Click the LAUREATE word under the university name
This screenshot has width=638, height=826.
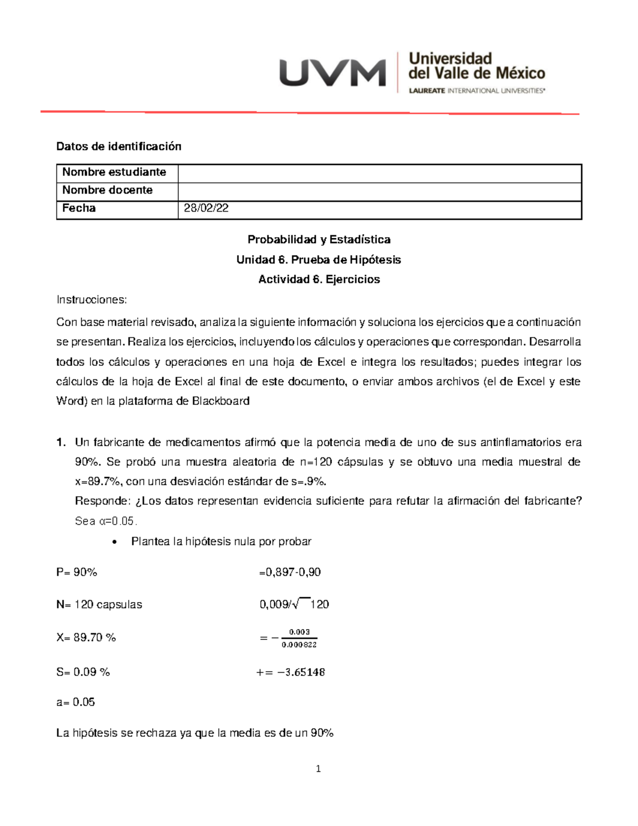pyautogui.click(x=427, y=91)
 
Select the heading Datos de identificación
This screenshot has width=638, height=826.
pyautogui.click(x=119, y=146)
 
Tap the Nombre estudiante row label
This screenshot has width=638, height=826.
pyautogui.click(x=114, y=172)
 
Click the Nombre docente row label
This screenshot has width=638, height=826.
pyautogui.click(x=107, y=190)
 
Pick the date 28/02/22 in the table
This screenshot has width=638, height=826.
pyautogui.click(x=206, y=208)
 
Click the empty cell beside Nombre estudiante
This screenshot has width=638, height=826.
pyautogui.click(x=379, y=173)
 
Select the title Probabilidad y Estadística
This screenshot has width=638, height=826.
pyautogui.click(x=319, y=239)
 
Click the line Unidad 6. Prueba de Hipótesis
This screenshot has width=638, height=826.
pyautogui.click(x=318, y=260)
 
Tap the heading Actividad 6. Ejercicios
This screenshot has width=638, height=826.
pyautogui.click(x=319, y=279)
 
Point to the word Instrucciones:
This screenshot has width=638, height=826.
pyautogui.click(x=91, y=299)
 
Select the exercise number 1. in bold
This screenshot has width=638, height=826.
pyautogui.click(x=61, y=442)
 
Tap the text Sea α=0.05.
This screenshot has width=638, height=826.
pyautogui.click(x=106, y=521)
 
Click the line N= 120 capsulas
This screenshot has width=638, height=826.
pyautogui.click(x=99, y=604)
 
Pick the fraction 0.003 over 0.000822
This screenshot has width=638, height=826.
pyautogui.click(x=299, y=638)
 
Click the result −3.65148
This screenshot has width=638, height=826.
pyautogui.click(x=301, y=672)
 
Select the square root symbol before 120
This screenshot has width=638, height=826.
pyautogui.click(x=301, y=603)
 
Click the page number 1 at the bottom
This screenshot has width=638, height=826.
pyautogui.click(x=318, y=769)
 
